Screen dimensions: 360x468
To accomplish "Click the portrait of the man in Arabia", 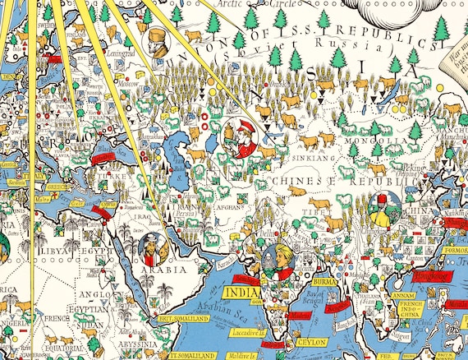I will [x=154, y=245].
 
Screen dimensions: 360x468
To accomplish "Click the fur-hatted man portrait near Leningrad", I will [x=156, y=43].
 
